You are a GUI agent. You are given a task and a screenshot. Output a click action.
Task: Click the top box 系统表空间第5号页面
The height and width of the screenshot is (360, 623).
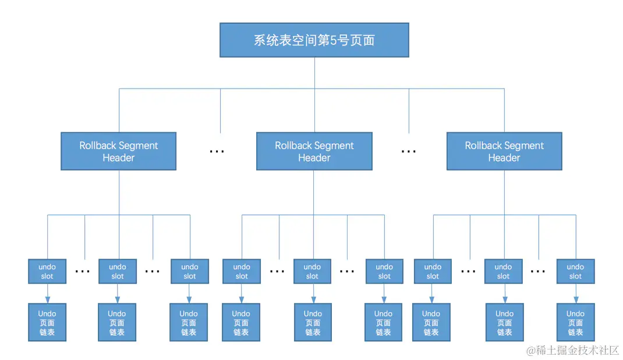[x=314, y=40]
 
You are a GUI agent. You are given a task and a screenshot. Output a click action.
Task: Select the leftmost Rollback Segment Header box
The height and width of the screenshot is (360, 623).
[x=118, y=151]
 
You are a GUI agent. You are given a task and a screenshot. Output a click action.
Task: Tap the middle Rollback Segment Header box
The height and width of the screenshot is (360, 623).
[x=314, y=151]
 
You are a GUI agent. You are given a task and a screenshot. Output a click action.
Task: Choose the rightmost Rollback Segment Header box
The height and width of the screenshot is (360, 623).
[x=504, y=151]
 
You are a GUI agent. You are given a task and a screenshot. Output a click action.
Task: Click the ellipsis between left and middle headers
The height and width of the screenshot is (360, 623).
[x=217, y=151]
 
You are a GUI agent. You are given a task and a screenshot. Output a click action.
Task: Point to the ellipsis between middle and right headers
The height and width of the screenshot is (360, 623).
[x=409, y=151]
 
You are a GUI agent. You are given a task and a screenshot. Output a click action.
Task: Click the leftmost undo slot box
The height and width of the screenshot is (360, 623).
[x=47, y=271]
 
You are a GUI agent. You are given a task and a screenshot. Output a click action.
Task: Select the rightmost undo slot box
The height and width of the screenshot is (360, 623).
[x=575, y=271]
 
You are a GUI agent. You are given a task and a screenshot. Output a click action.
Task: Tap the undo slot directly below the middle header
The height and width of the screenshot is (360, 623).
[x=313, y=271]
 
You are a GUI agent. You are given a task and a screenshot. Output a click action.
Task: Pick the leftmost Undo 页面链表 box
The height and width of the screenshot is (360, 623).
[x=47, y=322]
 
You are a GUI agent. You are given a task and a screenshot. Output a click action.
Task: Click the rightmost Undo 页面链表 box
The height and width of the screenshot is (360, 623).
[x=575, y=322]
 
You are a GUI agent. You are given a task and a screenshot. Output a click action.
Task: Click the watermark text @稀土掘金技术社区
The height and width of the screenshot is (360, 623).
[x=573, y=350]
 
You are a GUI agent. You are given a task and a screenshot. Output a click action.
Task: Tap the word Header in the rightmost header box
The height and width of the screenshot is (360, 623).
[x=504, y=158]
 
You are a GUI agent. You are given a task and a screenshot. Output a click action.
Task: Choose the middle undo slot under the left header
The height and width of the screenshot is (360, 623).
[x=118, y=271]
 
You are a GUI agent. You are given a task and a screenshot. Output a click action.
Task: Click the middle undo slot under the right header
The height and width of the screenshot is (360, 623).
[x=504, y=271]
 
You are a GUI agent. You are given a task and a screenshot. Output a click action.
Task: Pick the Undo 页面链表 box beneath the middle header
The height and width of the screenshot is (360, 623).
[x=313, y=322]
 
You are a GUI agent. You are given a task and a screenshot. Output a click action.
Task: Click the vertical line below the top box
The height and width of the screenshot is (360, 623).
[x=314, y=73]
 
